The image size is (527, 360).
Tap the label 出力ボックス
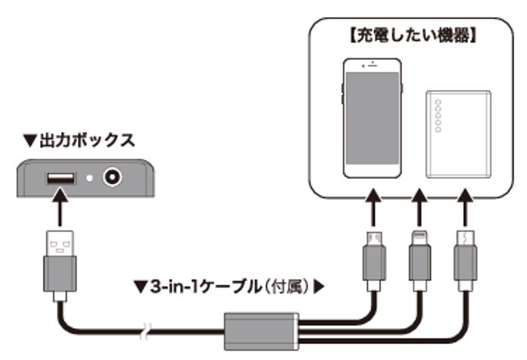87,139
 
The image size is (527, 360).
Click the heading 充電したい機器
415,36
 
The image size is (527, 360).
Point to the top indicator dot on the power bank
438,105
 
